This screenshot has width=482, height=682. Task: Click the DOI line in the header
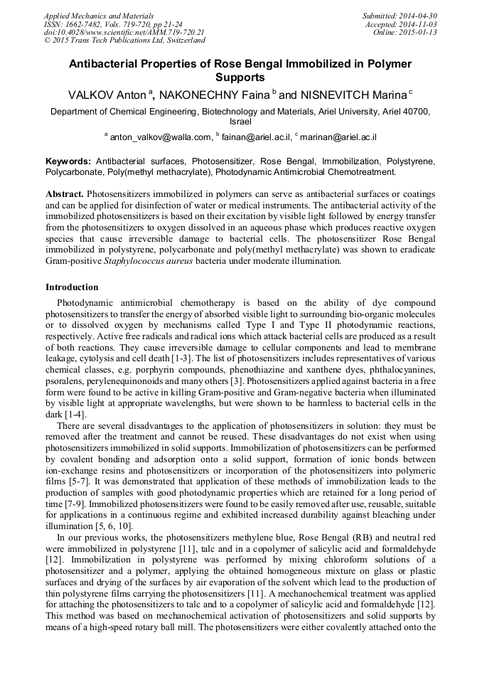coord(124,33)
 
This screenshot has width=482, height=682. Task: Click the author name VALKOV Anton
coord(106,95)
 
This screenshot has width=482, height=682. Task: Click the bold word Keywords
coord(69,161)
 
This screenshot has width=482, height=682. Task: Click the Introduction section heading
coord(72,287)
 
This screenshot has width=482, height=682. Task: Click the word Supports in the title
coord(240,78)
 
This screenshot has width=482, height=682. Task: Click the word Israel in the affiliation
coord(240,122)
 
